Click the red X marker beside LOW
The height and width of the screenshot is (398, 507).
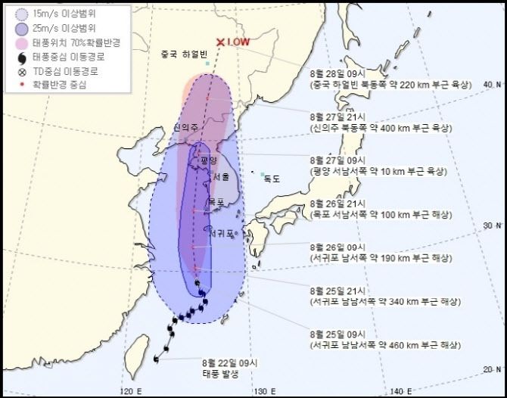(x=220, y=42)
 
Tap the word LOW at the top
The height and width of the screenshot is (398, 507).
(x=238, y=42)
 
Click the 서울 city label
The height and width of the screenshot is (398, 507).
(x=221, y=177)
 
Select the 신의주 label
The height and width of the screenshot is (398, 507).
(x=185, y=128)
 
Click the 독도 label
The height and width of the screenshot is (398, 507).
(x=272, y=179)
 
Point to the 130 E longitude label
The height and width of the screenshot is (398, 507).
(x=263, y=390)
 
